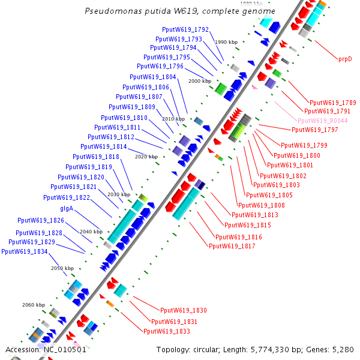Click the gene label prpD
[x=344, y=59]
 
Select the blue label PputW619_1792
[x=185, y=29]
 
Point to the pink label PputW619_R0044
[x=323, y=121]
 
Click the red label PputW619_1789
[x=333, y=103]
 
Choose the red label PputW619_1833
[x=167, y=331]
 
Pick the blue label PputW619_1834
[x=25, y=251]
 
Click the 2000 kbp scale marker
[x=200, y=80]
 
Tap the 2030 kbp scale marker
[x=118, y=194]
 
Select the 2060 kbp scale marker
[x=34, y=305]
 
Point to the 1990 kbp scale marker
[x=226, y=42]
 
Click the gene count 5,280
[x=342, y=350]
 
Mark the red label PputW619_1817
[x=232, y=245]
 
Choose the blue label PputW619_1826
[x=41, y=220]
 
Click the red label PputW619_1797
[x=315, y=130]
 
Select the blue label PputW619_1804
[x=153, y=77]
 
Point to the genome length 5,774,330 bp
[x=280, y=350]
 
